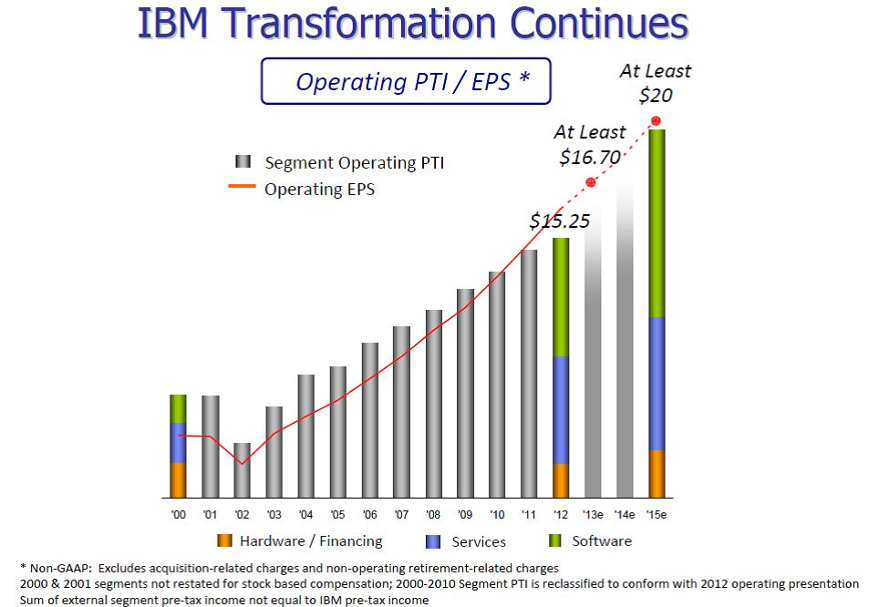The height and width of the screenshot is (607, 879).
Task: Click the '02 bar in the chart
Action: pos(242,470)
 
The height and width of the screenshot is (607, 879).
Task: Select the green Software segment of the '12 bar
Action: pos(561,297)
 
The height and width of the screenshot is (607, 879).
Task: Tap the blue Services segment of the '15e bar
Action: pos(656,384)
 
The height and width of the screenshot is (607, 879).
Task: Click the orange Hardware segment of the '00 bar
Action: pos(178,480)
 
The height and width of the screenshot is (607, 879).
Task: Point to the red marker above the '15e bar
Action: pos(656,121)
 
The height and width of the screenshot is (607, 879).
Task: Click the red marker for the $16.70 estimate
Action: pos(591,183)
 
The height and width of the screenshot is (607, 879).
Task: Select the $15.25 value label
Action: pos(559,221)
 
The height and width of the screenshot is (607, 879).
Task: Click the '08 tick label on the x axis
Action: pos(433,515)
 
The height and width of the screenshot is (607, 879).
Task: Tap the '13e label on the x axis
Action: pos(593,515)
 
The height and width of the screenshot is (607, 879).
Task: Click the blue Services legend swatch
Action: pos(433,541)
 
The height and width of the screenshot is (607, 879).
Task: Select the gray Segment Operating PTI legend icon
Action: pos(243,162)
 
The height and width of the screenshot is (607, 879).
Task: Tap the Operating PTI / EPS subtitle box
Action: pos(407,81)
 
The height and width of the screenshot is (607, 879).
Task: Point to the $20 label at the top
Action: pos(656,95)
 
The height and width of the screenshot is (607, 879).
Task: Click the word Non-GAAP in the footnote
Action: pos(59,568)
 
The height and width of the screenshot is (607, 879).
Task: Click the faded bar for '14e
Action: pos(625,337)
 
